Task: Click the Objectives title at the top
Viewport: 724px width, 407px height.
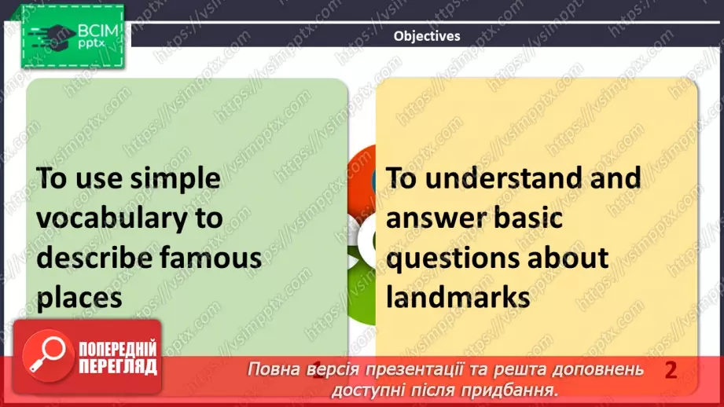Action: point(427,35)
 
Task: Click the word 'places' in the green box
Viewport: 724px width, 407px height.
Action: point(80,297)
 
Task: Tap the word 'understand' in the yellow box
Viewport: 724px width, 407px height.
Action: point(502,178)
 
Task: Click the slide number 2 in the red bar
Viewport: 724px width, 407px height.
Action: point(671,370)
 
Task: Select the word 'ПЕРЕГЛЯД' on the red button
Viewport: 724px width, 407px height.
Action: point(116,366)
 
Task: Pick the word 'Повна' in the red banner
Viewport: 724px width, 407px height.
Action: point(270,370)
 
